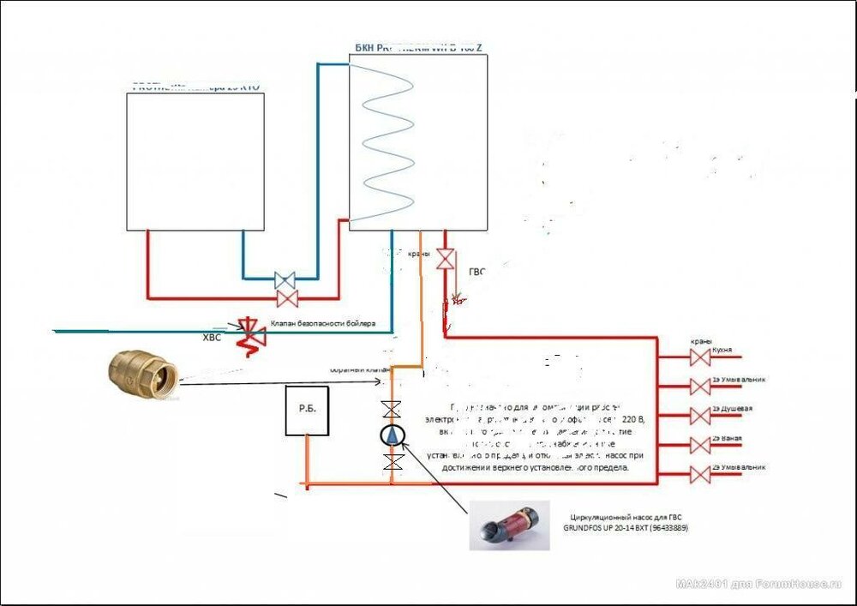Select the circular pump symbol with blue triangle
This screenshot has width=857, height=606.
[393, 435]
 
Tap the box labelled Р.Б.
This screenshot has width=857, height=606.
[307, 411]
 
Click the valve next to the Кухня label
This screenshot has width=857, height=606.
[700, 357]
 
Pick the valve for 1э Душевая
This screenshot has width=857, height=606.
[700, 416]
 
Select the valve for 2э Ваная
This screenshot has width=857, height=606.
[700, 445]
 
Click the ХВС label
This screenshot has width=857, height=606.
[211, 338]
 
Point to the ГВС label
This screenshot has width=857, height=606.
[476, 272]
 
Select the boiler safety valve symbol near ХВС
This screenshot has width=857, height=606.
[250, 332]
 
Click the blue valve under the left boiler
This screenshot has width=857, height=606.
[285, 279]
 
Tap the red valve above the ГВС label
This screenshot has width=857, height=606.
[445, 258]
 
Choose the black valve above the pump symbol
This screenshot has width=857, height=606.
[393, 409]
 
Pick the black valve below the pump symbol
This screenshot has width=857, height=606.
[393, 463]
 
